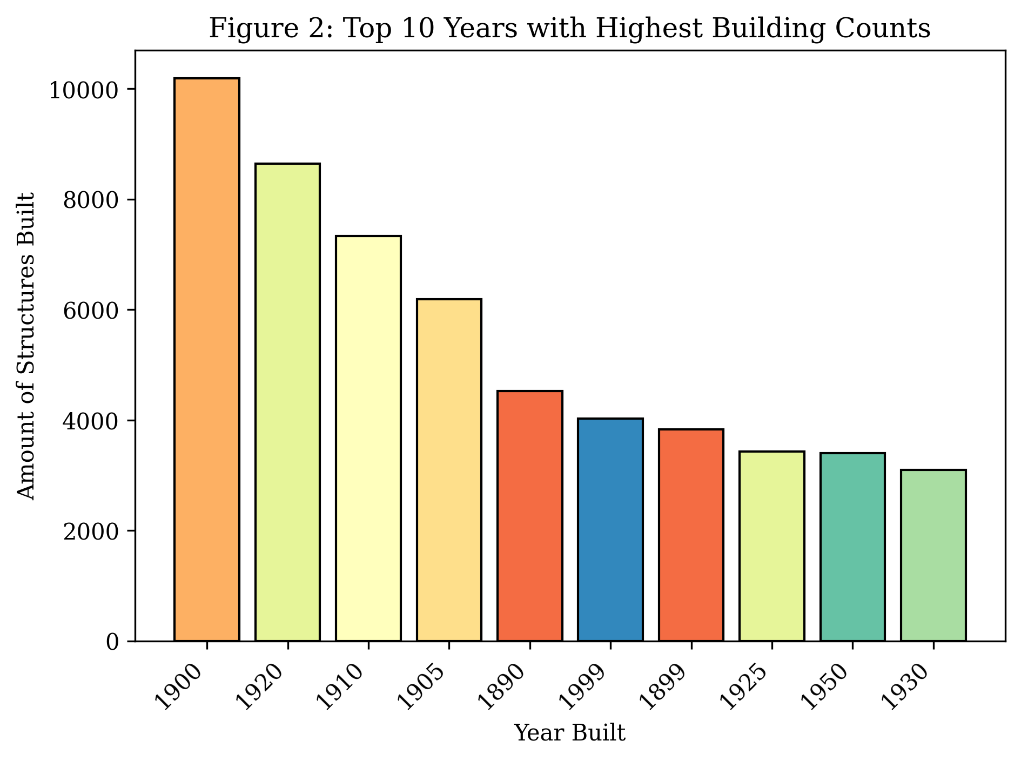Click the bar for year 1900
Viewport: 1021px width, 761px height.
tap(206, 359)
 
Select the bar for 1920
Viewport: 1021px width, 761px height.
tap(287, 402)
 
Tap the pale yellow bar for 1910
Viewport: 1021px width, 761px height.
tap(368, 438)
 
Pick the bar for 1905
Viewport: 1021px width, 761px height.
tap(449, 469)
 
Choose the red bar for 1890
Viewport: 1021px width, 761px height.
tap(530, 515)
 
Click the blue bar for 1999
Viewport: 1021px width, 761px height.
tap(610, 529)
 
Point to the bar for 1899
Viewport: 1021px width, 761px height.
tap(691, 535)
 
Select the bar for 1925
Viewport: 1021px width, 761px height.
tap(772, 546)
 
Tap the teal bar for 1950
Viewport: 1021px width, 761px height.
tap(852, 547)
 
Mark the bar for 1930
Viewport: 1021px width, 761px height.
tap(933, 555)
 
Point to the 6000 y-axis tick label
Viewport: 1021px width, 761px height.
tap(91, 311)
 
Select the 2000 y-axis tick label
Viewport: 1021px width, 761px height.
tap(91, 531)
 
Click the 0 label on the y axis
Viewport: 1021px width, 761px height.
tap(112, 642)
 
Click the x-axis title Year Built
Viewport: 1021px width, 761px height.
tap(570, 733)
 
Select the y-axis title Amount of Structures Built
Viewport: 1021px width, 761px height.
tap(26, 346)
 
